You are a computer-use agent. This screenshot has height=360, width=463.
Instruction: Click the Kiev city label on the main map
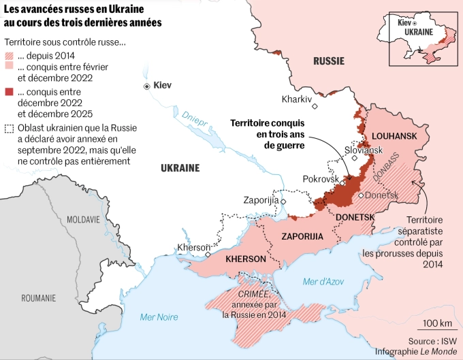(x=163, y=86)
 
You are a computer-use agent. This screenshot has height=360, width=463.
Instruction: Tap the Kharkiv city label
(x=296, y=99)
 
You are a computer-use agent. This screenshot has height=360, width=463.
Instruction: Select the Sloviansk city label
(x=364, y=149)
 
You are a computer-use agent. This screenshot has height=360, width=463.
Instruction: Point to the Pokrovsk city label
(x=321, y=178)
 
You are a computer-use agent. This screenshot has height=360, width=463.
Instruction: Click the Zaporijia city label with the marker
(x=261, y=200)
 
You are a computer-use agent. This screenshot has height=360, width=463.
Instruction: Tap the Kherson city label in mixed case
(x=193, y=247)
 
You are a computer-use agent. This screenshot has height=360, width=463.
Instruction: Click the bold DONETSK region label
(x=355, y=217)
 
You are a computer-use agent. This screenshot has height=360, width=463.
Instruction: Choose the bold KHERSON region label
(x=245, y=259)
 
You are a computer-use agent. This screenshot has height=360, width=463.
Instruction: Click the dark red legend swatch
(x=9, y=91)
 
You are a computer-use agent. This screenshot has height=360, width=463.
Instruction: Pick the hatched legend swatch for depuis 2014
(x=9, y=56)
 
